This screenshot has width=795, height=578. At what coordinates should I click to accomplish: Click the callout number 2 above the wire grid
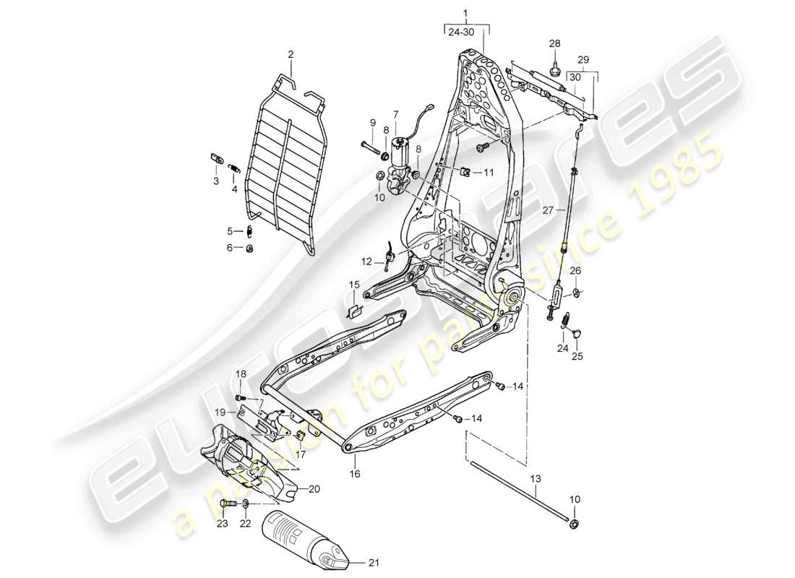(291, 54)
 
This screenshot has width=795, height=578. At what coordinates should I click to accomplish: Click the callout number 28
(555, 44)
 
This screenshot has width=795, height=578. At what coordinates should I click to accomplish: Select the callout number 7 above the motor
(395, 114)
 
